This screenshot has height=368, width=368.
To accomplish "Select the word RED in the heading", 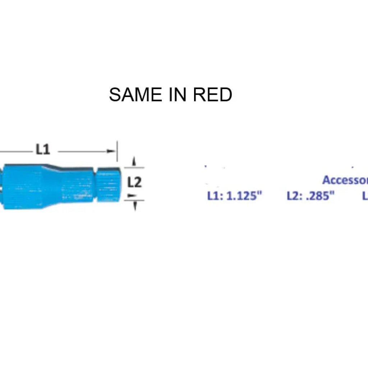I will pos(212,95).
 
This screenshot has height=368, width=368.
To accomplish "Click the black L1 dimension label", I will pos(42,149).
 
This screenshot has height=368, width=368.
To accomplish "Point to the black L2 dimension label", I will pos(134,183).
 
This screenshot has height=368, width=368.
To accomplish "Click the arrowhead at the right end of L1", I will pos(111,151).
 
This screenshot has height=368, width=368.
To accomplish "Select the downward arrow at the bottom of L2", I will pos(135,206).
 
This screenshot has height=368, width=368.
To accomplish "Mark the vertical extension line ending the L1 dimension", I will pos(117,151).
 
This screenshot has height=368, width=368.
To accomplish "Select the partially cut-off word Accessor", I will pos(345,180).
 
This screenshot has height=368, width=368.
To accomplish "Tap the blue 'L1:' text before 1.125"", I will pos(216,196).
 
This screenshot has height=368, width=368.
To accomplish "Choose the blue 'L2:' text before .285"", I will pos(295,196).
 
